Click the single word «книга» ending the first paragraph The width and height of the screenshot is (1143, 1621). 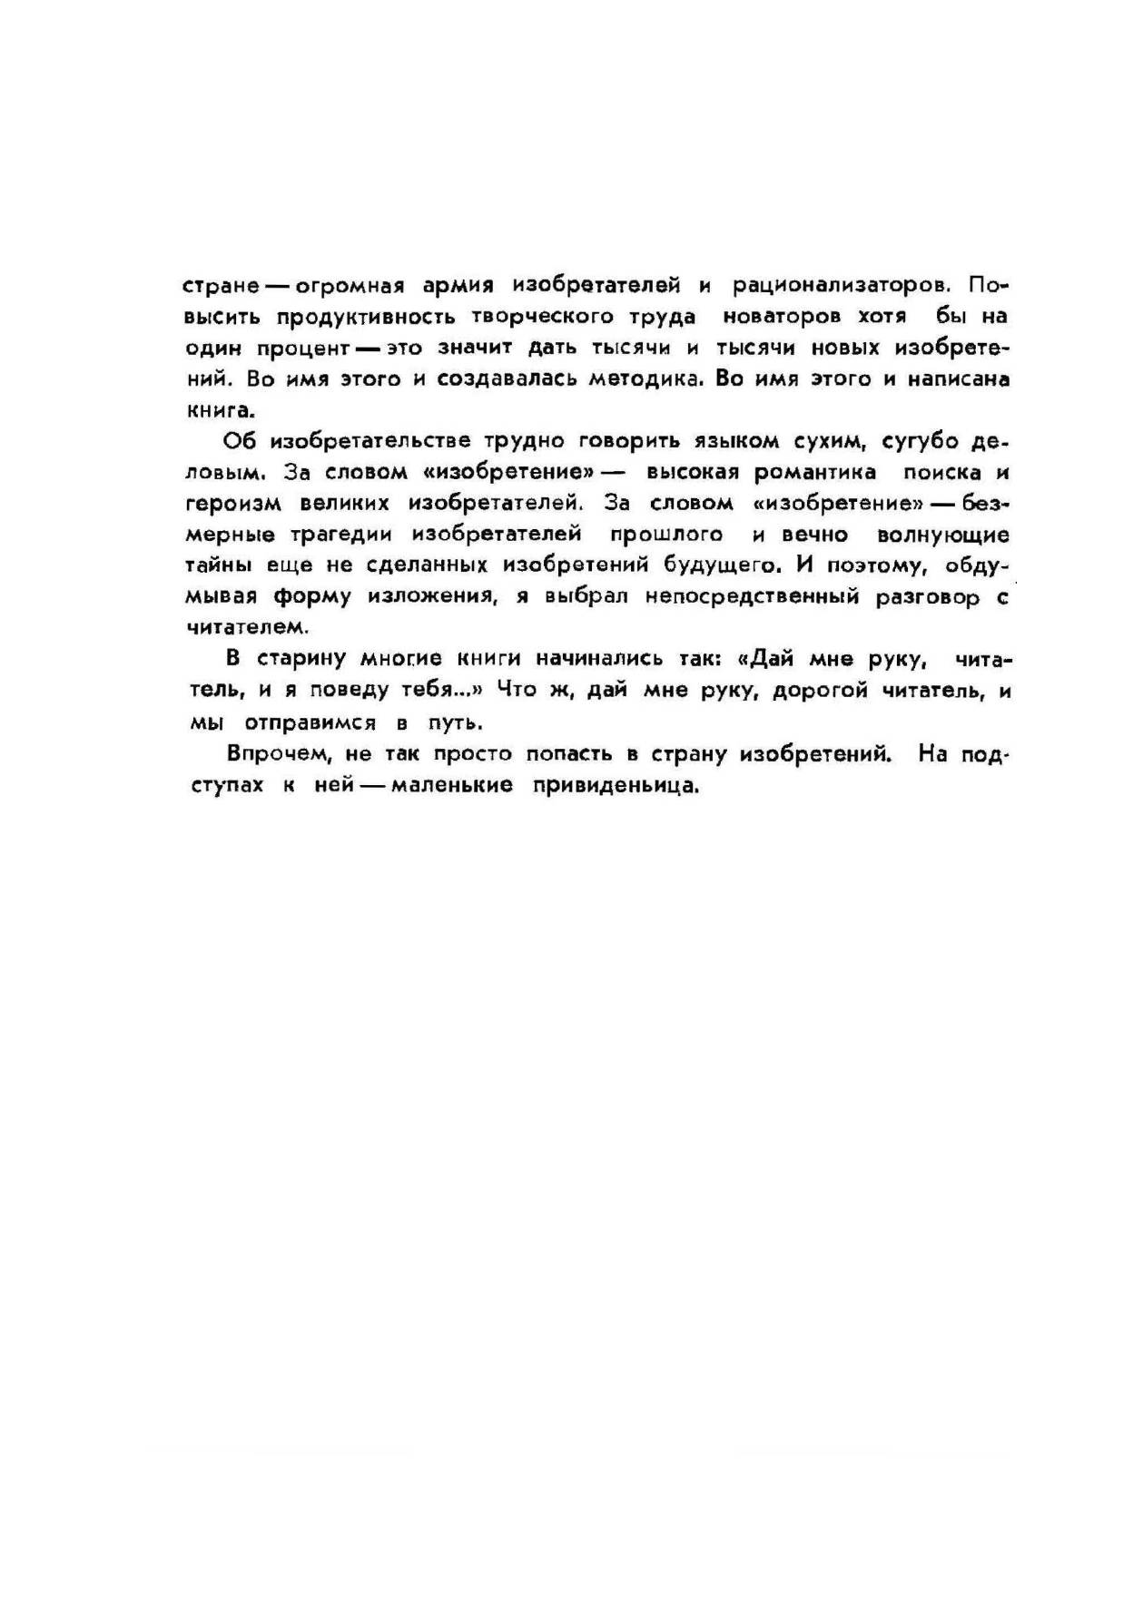218,410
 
